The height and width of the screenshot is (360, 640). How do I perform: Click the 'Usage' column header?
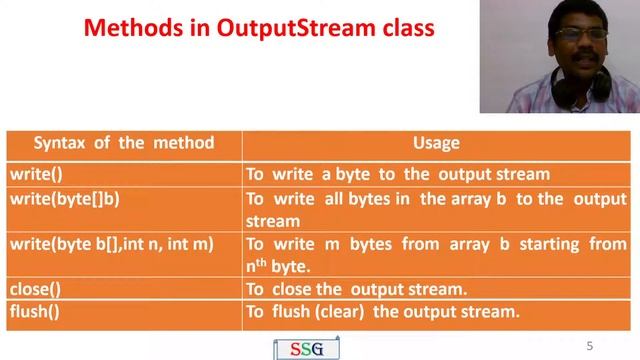(x=436, y=143)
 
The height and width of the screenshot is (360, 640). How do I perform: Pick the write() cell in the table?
(x=36, y=174)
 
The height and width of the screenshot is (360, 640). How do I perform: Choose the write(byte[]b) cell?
(x=65, y=198)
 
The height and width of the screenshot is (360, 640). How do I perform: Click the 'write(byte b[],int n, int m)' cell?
(x=111, y=243)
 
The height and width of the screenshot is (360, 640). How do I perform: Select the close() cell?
(x=35, y=289)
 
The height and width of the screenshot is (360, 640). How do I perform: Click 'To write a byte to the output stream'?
(x=398, y=174)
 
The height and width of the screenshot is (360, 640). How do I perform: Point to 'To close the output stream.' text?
(x=357, y=289)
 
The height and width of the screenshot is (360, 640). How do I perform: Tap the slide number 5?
(x=590, y=346)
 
